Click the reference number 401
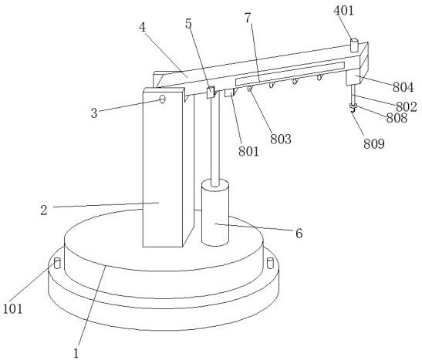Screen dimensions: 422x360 coord(343,11)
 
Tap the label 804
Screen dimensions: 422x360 coord(403,87)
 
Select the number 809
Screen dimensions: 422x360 coord(374,144)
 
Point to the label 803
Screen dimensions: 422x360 coord(281,140)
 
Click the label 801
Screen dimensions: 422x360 coord(248,152)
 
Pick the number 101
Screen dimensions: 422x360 coord(12,308)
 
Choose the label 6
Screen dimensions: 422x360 coord(299,234)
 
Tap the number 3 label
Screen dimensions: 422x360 coord(93,113)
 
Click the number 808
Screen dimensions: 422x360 coord(397,118)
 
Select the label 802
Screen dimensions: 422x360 coord(406,106)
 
